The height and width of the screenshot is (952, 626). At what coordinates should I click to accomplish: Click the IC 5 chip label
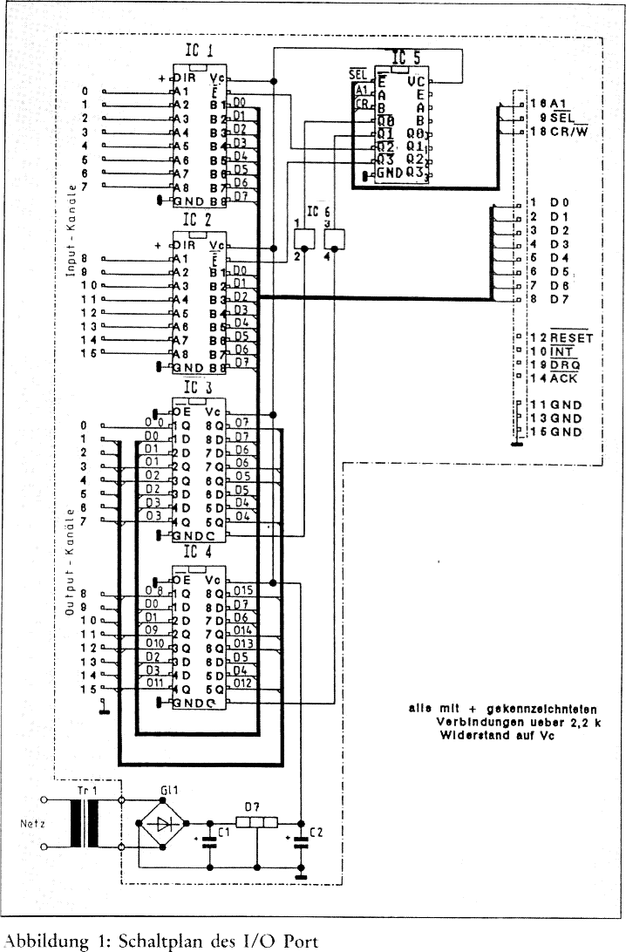click(406, 58)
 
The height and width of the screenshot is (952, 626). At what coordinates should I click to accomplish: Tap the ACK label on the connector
click(563, 378)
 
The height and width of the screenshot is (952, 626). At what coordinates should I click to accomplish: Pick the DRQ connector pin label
click(564, 364)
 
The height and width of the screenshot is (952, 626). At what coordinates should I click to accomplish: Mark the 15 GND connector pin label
click(555, 432)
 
